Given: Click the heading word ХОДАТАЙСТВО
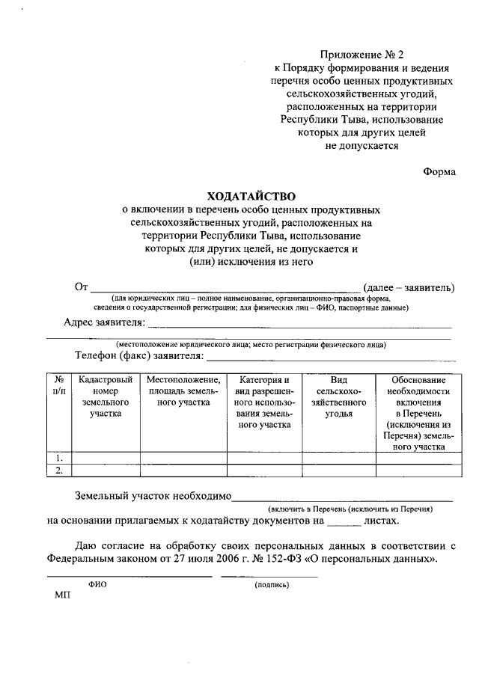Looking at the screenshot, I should pyautogui.click(x=251, y=196).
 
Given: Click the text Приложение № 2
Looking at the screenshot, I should pyautogui.click(x=361, y=55).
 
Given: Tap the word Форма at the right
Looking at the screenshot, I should pyautogui.click(x=439, y=171).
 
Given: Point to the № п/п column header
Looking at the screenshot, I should pyautogui.click(x=59, y=385).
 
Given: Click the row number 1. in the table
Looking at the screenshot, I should pyautogui.click(x=58, y=457).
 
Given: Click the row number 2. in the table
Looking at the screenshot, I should pyautogui.click(x=58, y=470).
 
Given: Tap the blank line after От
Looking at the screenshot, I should pyautogui.click(x=225, y=289).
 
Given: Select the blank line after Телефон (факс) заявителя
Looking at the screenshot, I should pyautogui.click(x=329, y=358).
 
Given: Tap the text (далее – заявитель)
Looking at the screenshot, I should pyautogui.click(x=409, y=287).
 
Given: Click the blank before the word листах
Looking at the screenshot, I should pyautogui.click(x=344, y=524).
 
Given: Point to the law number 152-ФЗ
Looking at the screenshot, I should pyautogui.click(x=278, y=558).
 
